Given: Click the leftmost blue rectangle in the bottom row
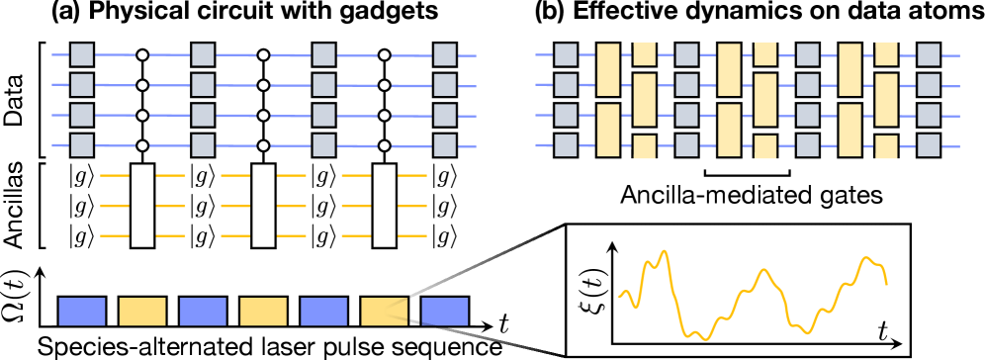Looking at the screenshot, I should pyautogui.click(x=82, y=312).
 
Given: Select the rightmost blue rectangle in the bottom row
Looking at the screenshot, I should pyautogui.click(x=444, y=312).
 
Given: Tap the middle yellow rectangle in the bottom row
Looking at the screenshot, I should pyautogui.click(x=263, y=312).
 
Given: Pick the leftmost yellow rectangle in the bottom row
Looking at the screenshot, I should pyautogui.click(x=142, y=312).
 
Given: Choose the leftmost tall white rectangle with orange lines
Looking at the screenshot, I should pyautogui.click(x=142, y=206).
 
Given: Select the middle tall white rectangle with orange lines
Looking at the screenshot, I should pyautogui.click(x=263, y=206).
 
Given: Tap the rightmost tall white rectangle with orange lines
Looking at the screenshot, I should pyautogui.click(x=384, y=206).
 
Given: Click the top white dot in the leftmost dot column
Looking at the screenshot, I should pyautogui.click(x=142, y=55).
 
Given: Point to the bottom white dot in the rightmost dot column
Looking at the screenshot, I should pyautogui.click(x=384, y=145).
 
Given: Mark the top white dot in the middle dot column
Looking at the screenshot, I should pyautogui.click(x=263, y=55).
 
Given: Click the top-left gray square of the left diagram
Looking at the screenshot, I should pyautogui.click(x=82, y=54).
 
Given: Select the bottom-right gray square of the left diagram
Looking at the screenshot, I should pyautogui.click(x=444, y=145).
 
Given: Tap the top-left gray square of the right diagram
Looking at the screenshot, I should pyautogui.click(x=566, y=54).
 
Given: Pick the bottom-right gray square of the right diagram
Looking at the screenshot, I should pyautogui.click(x=928, y=145).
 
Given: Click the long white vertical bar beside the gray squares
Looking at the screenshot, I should pyautogui.click(x=44, y=100).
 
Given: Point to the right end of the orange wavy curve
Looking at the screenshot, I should pyautogui.click(x=886, y=284).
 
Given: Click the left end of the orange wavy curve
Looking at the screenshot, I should pyautogui.click(x=619, y=296).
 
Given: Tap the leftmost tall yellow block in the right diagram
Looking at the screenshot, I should pyautogui.click(x=608, y=69).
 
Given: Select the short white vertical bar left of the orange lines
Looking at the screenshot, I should pyautogui.click(x=44, y=206).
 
